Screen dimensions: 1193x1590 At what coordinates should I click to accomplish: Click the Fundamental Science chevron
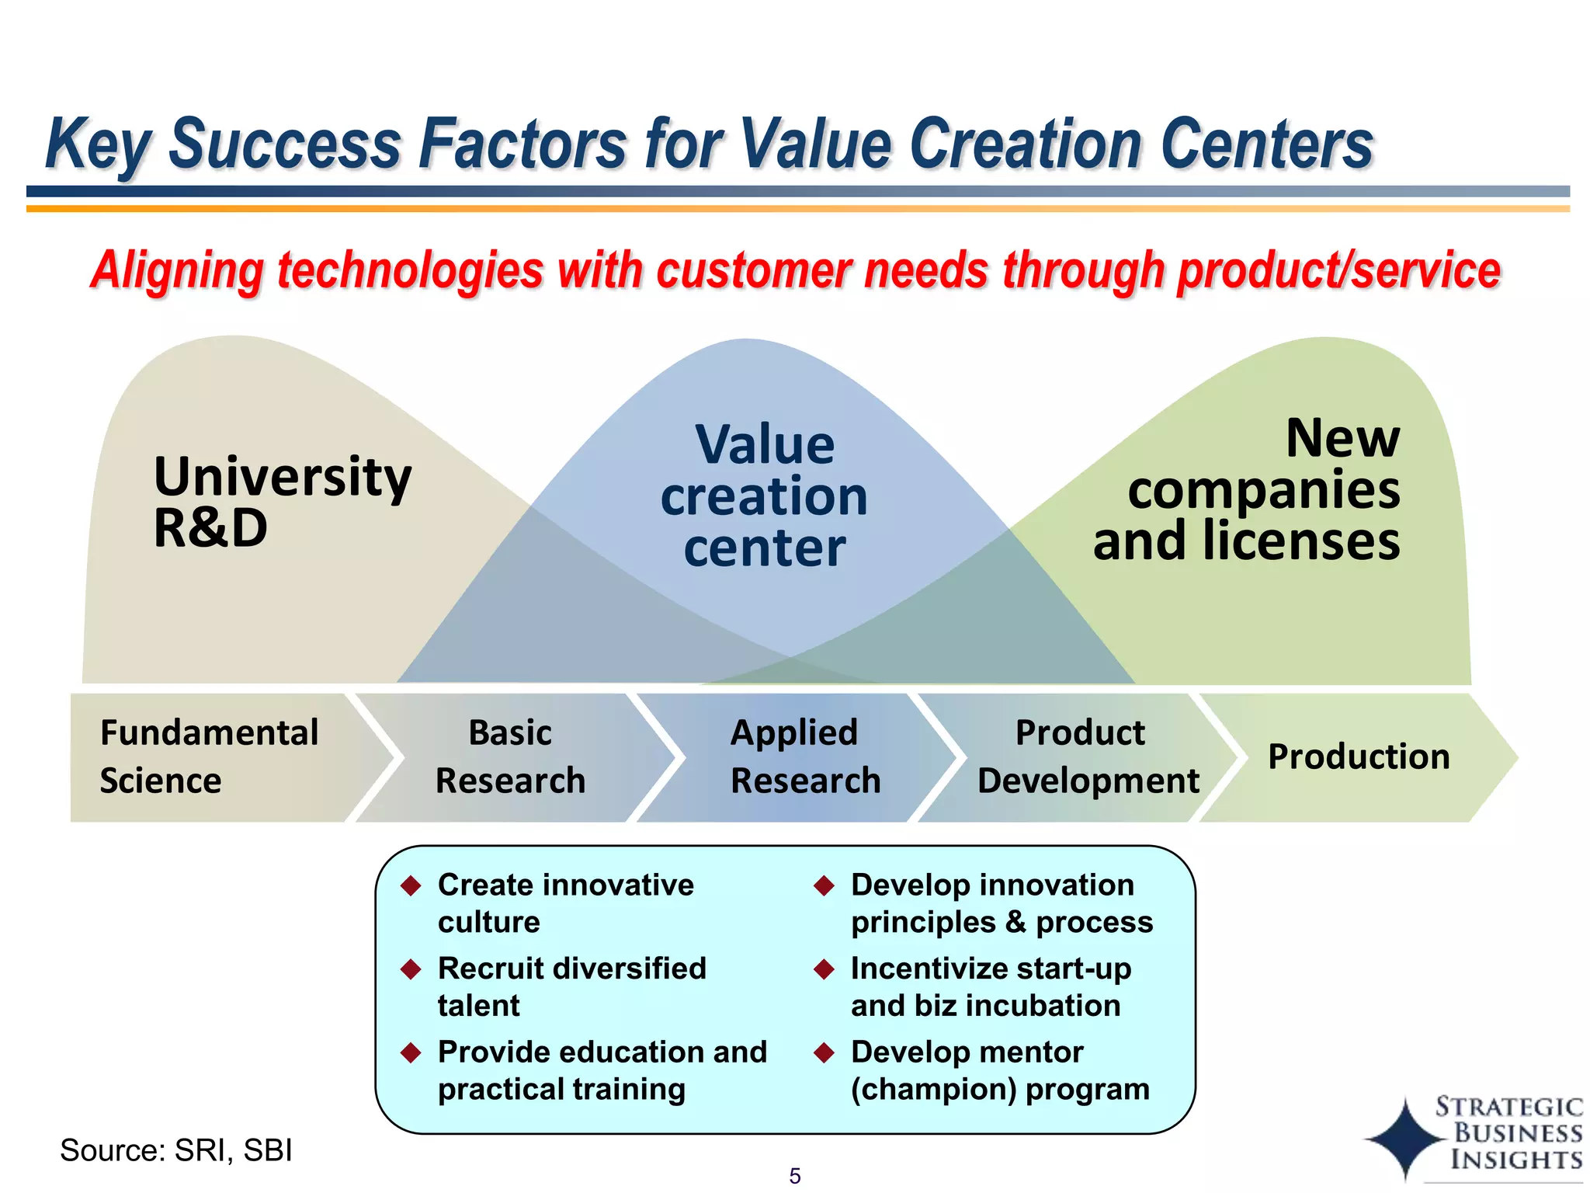click(210, 757)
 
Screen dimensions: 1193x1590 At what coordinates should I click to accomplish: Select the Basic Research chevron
click(510, 757)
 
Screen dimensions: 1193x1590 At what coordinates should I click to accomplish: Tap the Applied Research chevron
click(805, 757)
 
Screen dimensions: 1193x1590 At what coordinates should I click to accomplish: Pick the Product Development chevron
click(1087, 757)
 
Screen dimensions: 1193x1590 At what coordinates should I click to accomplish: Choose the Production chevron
click(1359, 757)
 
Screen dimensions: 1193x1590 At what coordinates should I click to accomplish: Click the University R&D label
click(282, 502)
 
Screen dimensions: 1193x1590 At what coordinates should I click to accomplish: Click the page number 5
click(794, 1176)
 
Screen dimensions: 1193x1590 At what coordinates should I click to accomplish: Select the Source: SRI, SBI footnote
click(176, 1150)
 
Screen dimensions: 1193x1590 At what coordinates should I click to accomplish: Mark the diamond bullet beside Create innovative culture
click(411, 885)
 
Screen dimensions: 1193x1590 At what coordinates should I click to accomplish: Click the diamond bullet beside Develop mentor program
click(824, 1053)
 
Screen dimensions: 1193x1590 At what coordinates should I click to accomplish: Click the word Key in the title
click(96, 144)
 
